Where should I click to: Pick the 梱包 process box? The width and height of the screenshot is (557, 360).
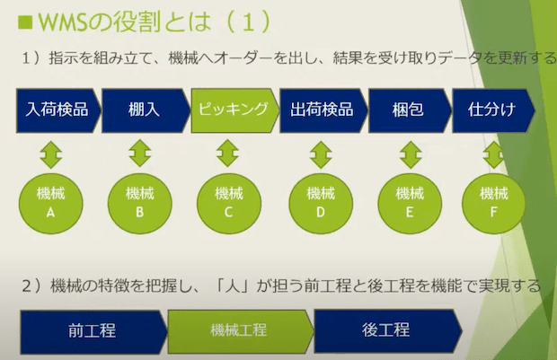(x=410, y=110)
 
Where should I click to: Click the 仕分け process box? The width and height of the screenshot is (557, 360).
(x=493, y=110)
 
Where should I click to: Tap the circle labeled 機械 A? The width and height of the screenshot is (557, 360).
(x=51, y=204)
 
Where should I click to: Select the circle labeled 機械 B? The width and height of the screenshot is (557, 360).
(x=140, y=204)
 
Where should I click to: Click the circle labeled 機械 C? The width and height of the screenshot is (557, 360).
(x=229, y=204)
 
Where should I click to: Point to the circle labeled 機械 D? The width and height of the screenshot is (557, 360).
(x=321, y=204)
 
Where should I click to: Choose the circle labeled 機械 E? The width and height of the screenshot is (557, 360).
(x=410, y=204)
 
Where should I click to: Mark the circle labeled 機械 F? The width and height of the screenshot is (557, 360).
(x=494, y=204)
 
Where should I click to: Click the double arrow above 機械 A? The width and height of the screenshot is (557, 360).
(x=51, y=154)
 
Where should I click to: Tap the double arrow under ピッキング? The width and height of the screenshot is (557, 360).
(x=227, y=154)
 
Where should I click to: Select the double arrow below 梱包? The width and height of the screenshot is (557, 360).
(x=411, y=154)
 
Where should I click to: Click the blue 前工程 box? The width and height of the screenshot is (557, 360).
(x=93, y=331)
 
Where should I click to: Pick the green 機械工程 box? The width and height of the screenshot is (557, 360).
(x=241, y=331)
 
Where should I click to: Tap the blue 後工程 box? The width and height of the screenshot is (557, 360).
(x=388, y=330)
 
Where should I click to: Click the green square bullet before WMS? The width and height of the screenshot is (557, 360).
(x=25, y=22)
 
